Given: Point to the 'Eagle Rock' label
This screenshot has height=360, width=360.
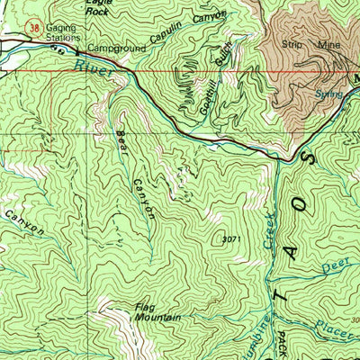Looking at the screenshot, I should point(96,6).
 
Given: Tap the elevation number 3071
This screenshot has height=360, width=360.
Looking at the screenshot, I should point(231,239).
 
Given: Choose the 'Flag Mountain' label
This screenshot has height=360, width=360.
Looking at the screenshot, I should point(158,312).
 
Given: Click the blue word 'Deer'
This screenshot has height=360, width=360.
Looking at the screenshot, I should point(334,266).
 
